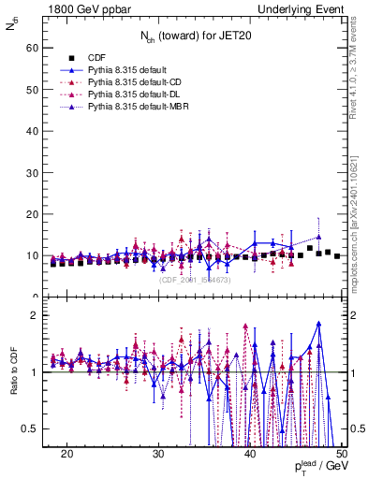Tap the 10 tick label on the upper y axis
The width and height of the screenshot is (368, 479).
pyautogui.click(x=34, y=255)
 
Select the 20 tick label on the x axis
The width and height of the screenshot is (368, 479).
pyautogui.click(x=67, y=454)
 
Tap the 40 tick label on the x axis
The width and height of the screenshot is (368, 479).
pyautogui.click(x=250, y=454)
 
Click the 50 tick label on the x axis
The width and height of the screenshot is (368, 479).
pyautogui.click(x=341, y=454)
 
